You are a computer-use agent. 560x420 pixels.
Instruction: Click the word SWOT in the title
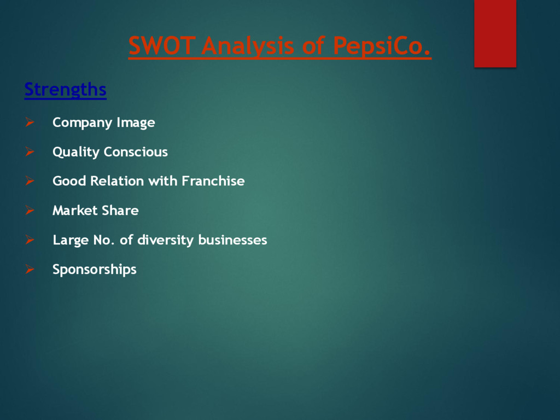point(161,46)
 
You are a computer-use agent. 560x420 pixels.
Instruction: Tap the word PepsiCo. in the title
point(382,46)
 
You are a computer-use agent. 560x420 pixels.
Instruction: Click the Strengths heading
point(65,89)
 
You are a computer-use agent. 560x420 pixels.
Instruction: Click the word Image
point(136,122)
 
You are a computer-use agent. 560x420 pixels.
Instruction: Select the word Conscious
point(136,151)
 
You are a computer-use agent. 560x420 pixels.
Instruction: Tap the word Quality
point(76,152)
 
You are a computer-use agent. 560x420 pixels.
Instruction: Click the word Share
point(120,211)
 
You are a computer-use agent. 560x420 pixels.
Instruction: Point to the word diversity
point(165,240)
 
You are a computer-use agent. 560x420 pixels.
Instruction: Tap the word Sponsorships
point(94,270)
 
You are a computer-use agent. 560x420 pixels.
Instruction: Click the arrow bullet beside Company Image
point(30,122)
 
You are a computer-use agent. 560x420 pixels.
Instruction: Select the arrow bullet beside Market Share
point(30,211)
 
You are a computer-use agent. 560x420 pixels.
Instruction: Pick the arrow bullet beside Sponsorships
point(30,269)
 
